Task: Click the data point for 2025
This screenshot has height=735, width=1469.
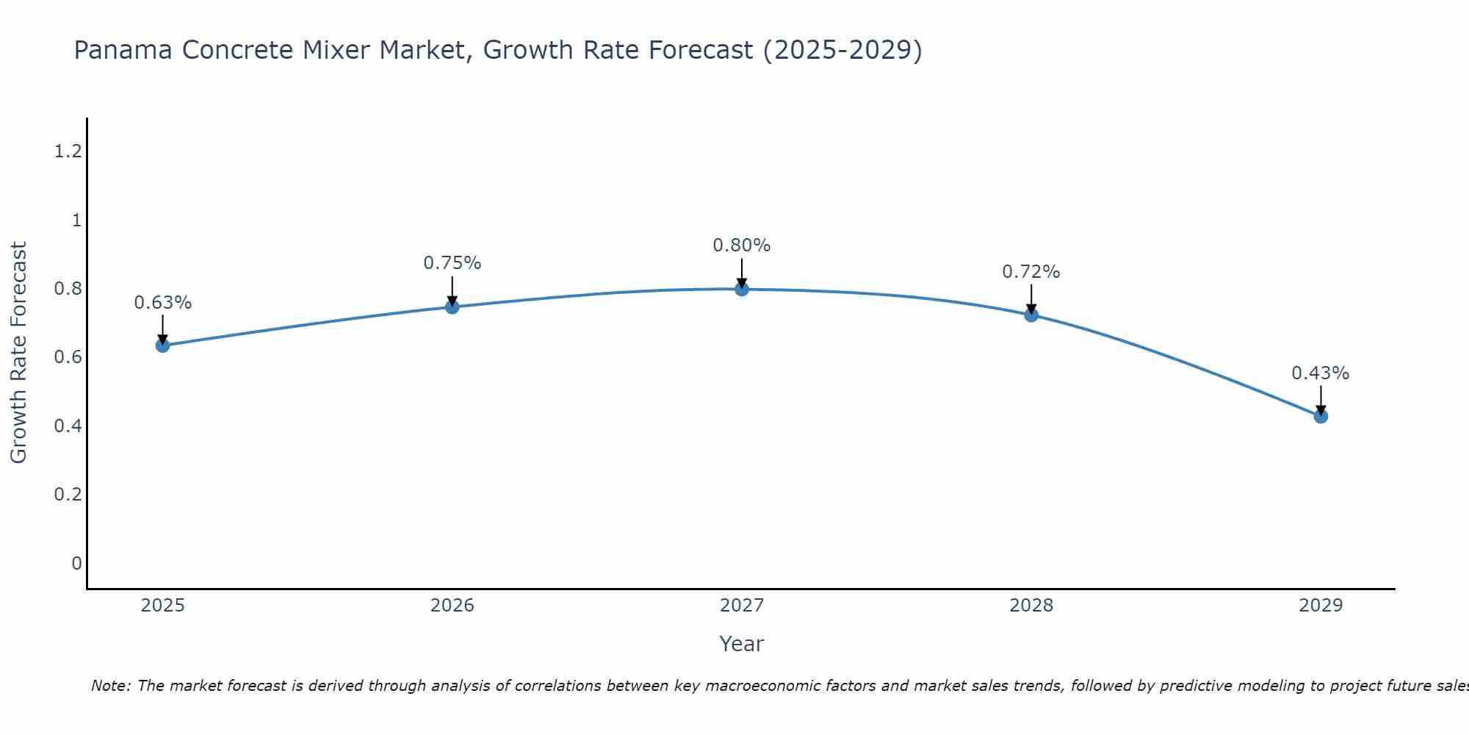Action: [162, 345]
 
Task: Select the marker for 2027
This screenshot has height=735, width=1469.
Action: [742, 289]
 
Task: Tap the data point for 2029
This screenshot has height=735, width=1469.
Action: [1321, 416]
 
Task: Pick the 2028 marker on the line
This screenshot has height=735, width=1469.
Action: [1031, 315]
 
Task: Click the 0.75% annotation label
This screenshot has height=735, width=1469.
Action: [452, 263]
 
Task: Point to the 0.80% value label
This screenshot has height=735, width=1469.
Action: [742, 245]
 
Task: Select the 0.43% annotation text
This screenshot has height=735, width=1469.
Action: [1321, 373]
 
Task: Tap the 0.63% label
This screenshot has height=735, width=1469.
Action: [162, 303]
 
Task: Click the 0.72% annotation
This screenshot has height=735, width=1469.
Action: [1031, 272]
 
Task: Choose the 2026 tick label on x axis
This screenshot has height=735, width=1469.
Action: [452, 606]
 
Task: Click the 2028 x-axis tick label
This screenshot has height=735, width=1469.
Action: [1031, 606]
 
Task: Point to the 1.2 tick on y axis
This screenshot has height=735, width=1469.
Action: [68, 151]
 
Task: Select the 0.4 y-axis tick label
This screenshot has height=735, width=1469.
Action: [68, 426]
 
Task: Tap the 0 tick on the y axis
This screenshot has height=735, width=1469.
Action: [76, 563]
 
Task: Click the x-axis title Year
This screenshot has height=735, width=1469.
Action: [742, 644]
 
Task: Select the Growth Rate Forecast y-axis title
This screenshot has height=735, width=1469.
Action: [18, 353]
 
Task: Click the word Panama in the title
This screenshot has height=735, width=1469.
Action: [123, 50]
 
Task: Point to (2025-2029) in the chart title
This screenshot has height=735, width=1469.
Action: [842, 50]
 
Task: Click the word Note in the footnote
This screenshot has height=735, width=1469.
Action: [110, 686]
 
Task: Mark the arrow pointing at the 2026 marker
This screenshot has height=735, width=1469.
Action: [452, 292]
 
